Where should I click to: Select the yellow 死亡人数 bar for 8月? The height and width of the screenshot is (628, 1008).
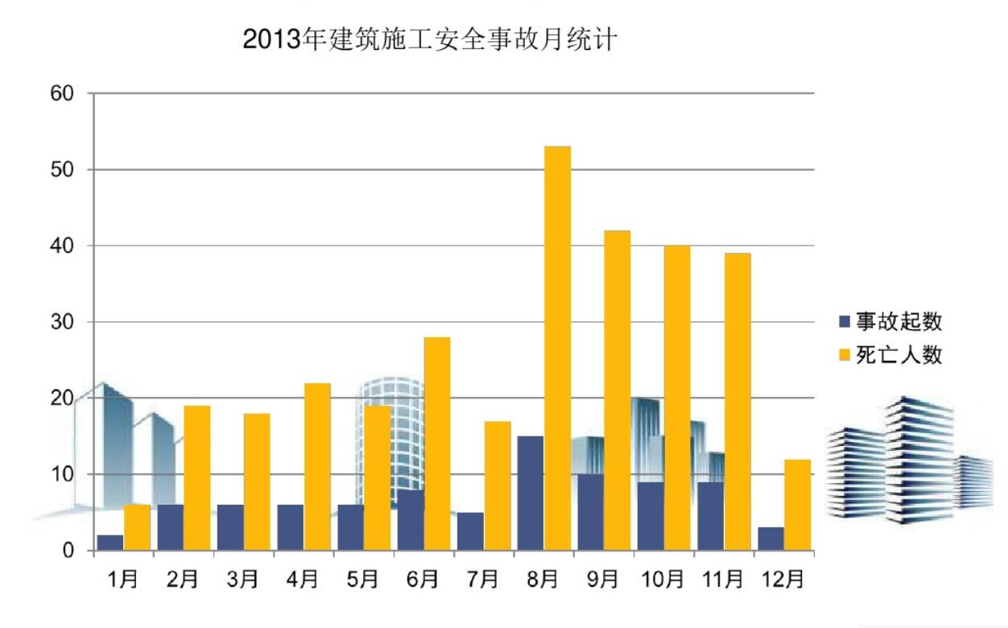557,348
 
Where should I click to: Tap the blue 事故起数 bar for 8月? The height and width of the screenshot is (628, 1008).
530,493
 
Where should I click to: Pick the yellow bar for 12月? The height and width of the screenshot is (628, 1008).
797,505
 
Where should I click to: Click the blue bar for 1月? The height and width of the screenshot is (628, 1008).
110,543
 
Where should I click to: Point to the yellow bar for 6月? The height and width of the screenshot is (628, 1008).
437,444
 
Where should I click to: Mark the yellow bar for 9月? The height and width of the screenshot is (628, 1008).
618,390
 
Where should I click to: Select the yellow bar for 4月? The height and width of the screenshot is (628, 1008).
317,466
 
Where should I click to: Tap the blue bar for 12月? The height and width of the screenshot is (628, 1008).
770,539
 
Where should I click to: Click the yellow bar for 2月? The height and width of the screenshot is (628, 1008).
197,477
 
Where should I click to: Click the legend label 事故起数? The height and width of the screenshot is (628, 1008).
899,322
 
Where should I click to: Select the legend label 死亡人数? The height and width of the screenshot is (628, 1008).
899,354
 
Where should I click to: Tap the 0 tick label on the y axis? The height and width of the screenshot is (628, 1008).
70,552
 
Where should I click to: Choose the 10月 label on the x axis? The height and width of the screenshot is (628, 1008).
663,580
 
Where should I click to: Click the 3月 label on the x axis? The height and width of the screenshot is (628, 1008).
242,580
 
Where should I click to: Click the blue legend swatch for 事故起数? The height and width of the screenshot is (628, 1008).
845,322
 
